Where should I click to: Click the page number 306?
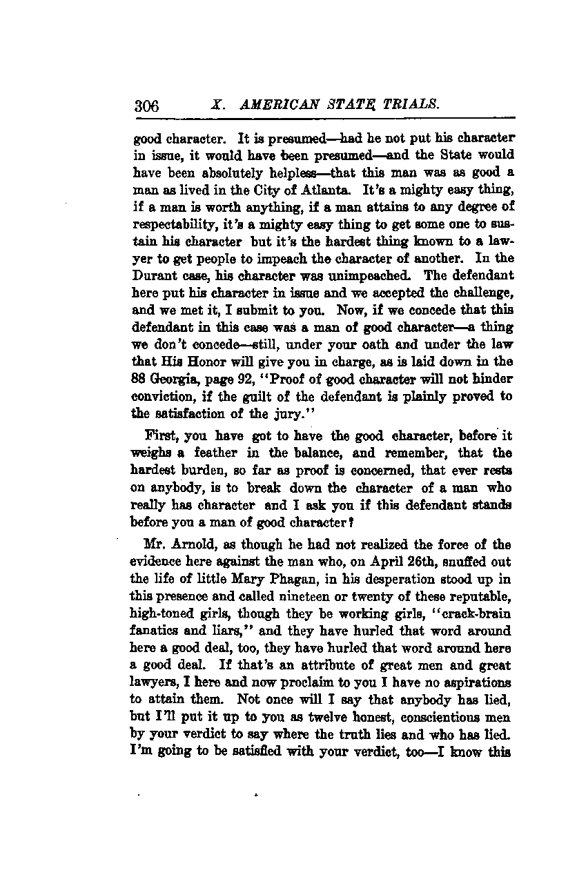(147, 106)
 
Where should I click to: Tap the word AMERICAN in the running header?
(273, 105)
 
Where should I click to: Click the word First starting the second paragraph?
(159, 435)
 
